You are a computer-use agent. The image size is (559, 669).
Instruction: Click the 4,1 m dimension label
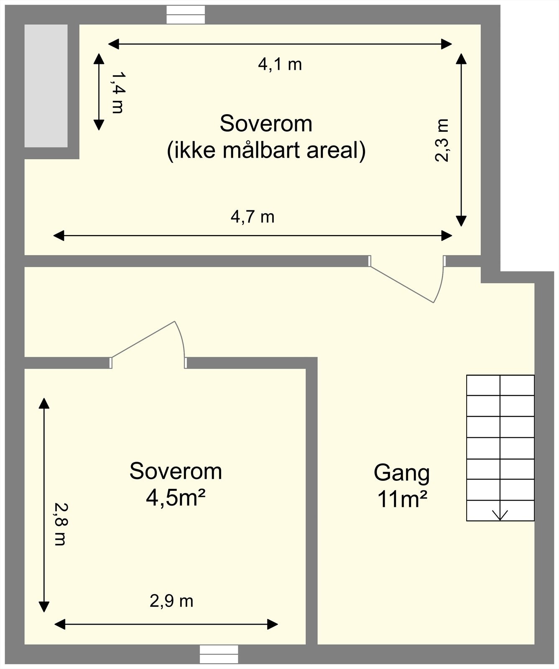coord(280,64)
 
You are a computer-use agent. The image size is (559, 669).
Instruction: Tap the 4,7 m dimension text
coord(253,217)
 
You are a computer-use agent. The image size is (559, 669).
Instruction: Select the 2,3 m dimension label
coord(442,140)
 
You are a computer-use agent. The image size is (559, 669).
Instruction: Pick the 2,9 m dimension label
coord(171,601)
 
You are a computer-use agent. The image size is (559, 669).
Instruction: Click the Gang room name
coord(401,472)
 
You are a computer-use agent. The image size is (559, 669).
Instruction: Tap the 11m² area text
coord(402,499)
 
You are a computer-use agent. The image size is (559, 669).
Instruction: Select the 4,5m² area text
coord(176,498)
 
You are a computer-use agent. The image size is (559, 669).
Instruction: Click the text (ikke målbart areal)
coord(266,150)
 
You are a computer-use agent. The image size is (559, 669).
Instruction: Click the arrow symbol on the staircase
coord(500,514)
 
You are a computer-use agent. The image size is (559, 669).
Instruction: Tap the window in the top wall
coord(186,15)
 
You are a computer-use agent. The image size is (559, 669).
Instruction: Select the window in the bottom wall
coord(219,654)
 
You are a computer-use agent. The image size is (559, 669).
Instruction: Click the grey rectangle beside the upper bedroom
coord(46,86)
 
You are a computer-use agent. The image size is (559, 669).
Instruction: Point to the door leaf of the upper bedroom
coord(401,284)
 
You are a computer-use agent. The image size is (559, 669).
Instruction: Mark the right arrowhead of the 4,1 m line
coord(447,43)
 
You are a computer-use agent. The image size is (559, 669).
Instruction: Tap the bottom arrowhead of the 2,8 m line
coord(44,607)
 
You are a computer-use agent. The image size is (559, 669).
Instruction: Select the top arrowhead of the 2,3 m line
coord(461,59)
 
